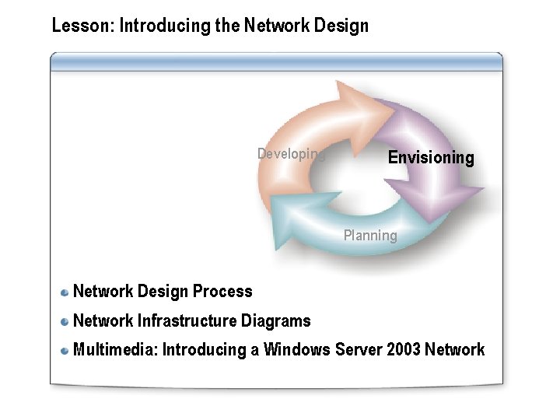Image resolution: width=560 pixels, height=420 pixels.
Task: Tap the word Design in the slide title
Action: click(341, 26)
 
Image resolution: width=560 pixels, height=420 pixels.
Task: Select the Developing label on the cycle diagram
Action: click(290, 154)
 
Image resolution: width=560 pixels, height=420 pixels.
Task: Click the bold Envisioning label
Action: click(430, 158)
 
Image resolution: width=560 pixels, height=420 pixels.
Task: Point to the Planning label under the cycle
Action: click(370, 235)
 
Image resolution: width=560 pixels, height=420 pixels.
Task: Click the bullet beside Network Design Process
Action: click(65, 292)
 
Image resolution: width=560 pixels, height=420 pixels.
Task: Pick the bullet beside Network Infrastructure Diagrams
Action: click(65, 321)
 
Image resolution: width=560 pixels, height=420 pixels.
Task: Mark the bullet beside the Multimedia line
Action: click(65, 351)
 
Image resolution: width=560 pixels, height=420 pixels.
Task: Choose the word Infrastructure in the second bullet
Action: click(187, 320)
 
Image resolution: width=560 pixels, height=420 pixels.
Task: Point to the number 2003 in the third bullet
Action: click(403, 350)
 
